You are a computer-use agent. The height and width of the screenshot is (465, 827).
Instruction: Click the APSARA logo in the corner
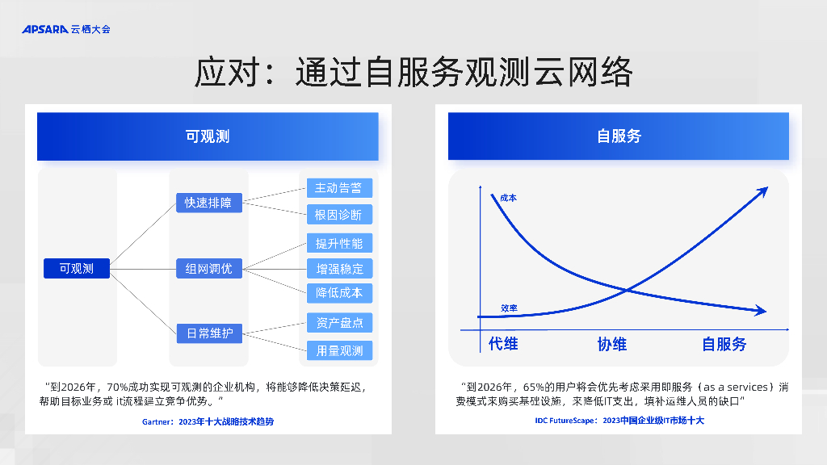pyautogui.click(x=65, y=29)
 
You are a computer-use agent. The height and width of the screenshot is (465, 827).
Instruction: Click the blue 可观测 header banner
pyautogui.click(x=208, y=136)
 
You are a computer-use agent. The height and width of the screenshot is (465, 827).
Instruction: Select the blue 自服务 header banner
pyautogui.click(x=619, y=136)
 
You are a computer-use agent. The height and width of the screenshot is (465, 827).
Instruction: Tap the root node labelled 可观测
pyautogui.click(x=77, y=268)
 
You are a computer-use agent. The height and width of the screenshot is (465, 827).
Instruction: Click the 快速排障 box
pyautogui.click(x=208, y=203)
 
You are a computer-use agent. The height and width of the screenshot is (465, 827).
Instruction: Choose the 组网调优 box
pyautogui.click(x=208, y=268)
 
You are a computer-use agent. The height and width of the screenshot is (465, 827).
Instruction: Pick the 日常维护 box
pyautogui.click(x=208, y=333)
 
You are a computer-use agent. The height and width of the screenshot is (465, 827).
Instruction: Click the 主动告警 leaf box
pyautogui.click(x=339, y=188)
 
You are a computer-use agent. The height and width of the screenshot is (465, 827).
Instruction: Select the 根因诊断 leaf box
pyautogui.click(x=339, y=214)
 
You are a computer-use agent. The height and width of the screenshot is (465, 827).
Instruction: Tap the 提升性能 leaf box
pyautogui.click(x=339, y=243)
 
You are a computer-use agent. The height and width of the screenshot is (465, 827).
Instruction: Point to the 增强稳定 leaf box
pyautogui.click(x=339, y=268)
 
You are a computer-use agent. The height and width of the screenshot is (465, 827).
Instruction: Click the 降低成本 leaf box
pyautogui.click(x=339, y=292)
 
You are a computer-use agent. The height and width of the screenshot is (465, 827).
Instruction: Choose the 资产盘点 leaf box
pyautogui.click(x=339, y=323)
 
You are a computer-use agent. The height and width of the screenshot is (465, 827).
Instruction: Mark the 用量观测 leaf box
pyautogui.click(x=339, y=350)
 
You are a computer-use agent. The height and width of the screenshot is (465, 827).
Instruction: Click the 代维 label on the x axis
pyautogui.click(x=503, y=344)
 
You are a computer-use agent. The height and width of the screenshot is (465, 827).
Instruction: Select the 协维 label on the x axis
pyautogui.click(x=612, y=344)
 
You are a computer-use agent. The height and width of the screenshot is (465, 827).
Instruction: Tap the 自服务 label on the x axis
pyautogui.click(x=724, y=344)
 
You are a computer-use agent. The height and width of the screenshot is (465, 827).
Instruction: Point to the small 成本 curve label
pyautogui.click(x=508, y=197)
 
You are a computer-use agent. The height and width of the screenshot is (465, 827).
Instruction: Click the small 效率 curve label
pyautogui.click(x=509, y=308)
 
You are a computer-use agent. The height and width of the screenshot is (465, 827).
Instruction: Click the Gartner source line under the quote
pyautogui.click(x=208, y=421)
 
